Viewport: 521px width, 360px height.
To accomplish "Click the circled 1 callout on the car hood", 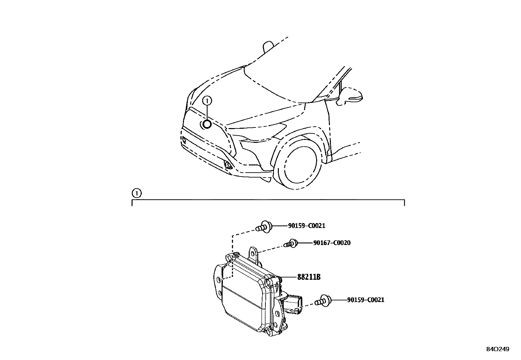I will [207, 101].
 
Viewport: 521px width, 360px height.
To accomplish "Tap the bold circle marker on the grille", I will [207, 124].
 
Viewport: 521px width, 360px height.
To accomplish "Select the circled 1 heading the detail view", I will [137, 193].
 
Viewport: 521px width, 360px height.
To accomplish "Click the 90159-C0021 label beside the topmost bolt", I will [307, 226].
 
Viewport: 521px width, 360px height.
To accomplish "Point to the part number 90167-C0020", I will [332, 243].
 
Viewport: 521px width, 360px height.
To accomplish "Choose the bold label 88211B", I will [309, 277].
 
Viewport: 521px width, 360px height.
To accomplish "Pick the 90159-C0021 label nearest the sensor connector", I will [366, 300].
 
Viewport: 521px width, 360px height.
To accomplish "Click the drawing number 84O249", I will [497, 349].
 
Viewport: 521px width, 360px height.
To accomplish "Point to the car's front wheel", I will [300, 167].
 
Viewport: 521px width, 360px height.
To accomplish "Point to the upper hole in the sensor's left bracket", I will [219, 279].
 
